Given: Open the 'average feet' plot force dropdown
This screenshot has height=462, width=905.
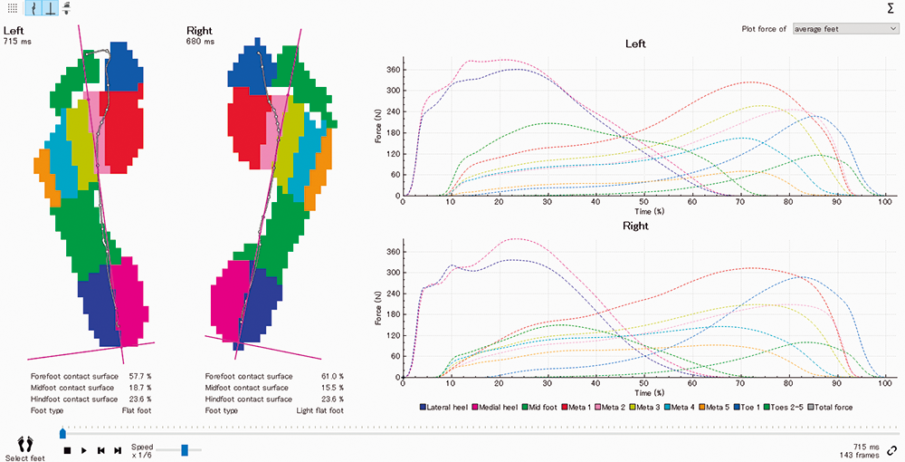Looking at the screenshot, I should pos(844,29).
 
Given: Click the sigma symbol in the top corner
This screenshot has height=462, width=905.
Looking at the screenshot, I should pos(892,8).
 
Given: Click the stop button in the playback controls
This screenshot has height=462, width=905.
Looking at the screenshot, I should pos(67,450).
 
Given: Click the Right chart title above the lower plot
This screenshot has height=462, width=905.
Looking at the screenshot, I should pos(635,226).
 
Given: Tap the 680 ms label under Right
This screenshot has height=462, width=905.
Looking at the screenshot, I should pos(201,42).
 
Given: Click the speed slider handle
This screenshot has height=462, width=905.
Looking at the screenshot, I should pos(185,449).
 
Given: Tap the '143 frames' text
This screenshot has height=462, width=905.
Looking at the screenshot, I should pos(860,456).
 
